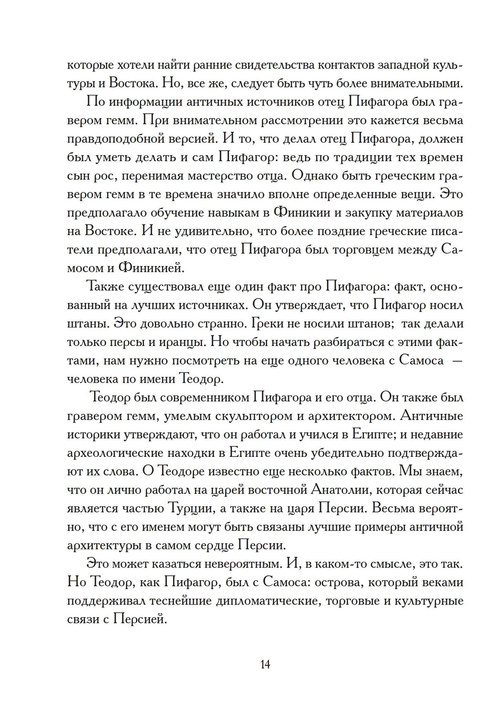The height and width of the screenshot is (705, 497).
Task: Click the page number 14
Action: tap(264, 664)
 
